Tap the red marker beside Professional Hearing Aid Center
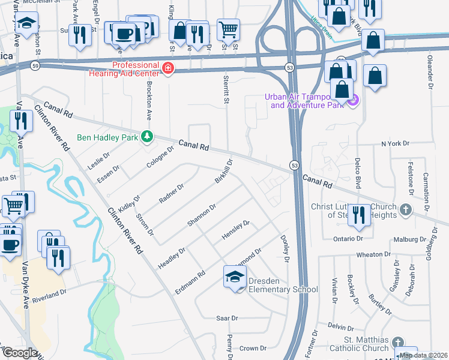[169, 68]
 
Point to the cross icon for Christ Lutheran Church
[406, 210]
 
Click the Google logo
[19, 353]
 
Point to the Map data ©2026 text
[423, 355]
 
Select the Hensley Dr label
[235, 230]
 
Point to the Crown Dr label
[252, 348]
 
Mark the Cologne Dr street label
[161, 156]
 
